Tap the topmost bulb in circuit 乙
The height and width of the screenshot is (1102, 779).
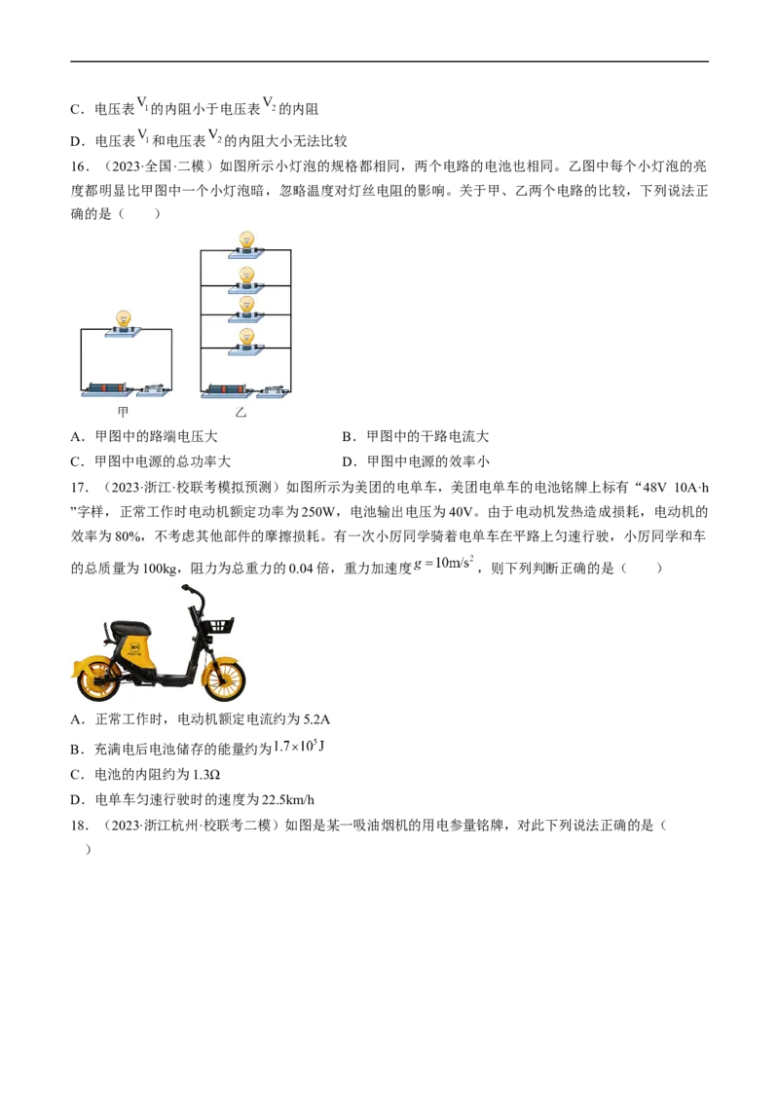tap(246, 240)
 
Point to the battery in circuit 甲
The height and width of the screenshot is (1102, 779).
tap(107, 388)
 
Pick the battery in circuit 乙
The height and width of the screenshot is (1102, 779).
tap(226, 388)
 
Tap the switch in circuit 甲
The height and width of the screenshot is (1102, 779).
tap(154, 389)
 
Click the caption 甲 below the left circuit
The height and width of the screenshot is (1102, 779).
tap(123, 412)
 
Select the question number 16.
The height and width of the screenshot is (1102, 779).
tap(80, 166)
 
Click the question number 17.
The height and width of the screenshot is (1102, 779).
tap(80, 487)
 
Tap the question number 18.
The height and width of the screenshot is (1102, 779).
tap(80, 826)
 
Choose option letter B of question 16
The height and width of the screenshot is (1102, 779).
tap(348, 436)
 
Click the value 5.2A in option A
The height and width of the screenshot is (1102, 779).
tap(316, 719)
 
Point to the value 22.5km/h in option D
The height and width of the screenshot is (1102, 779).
tap(287, 800)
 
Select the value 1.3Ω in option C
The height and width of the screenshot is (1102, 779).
tap(206, 775)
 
